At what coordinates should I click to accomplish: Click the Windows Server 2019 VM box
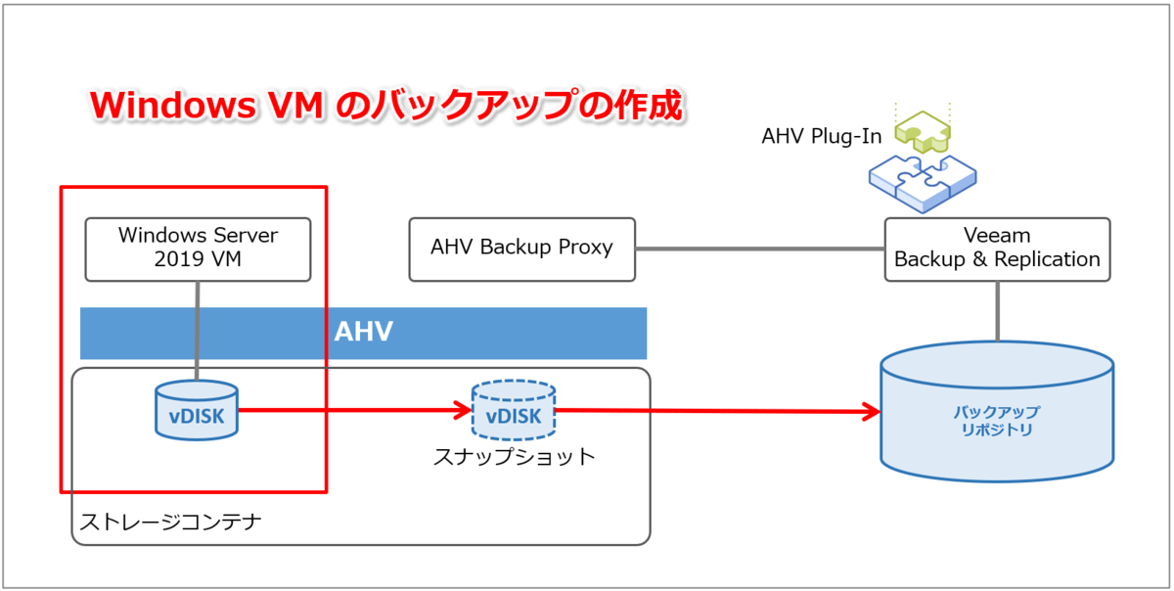pos(198,250)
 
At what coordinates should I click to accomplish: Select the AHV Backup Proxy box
pos(522,250)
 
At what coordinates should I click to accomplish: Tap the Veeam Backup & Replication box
pos(997,250)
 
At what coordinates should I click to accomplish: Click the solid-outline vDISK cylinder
pos(197,410)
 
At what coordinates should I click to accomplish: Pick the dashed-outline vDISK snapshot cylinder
pos(514,410)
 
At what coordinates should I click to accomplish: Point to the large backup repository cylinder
pos(997,412)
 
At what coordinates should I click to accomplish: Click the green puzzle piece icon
pos(923,131)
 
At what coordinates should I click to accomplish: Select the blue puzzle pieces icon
pos(923,184)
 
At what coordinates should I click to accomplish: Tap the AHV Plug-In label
pos(821,136)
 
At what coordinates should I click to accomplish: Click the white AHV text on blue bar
pos(364,332)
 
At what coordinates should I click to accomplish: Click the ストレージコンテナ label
pos(170,522)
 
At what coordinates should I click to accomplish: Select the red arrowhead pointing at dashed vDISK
pos(462,410)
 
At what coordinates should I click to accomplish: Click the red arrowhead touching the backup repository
pos(871,412)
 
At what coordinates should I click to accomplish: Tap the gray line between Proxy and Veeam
pos(760,249)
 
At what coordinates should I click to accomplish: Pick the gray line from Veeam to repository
pos(997,311)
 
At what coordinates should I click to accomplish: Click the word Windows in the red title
pos(173,105)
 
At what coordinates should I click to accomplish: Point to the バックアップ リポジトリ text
pos(996,421)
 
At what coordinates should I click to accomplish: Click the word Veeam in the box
pos(997,236)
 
